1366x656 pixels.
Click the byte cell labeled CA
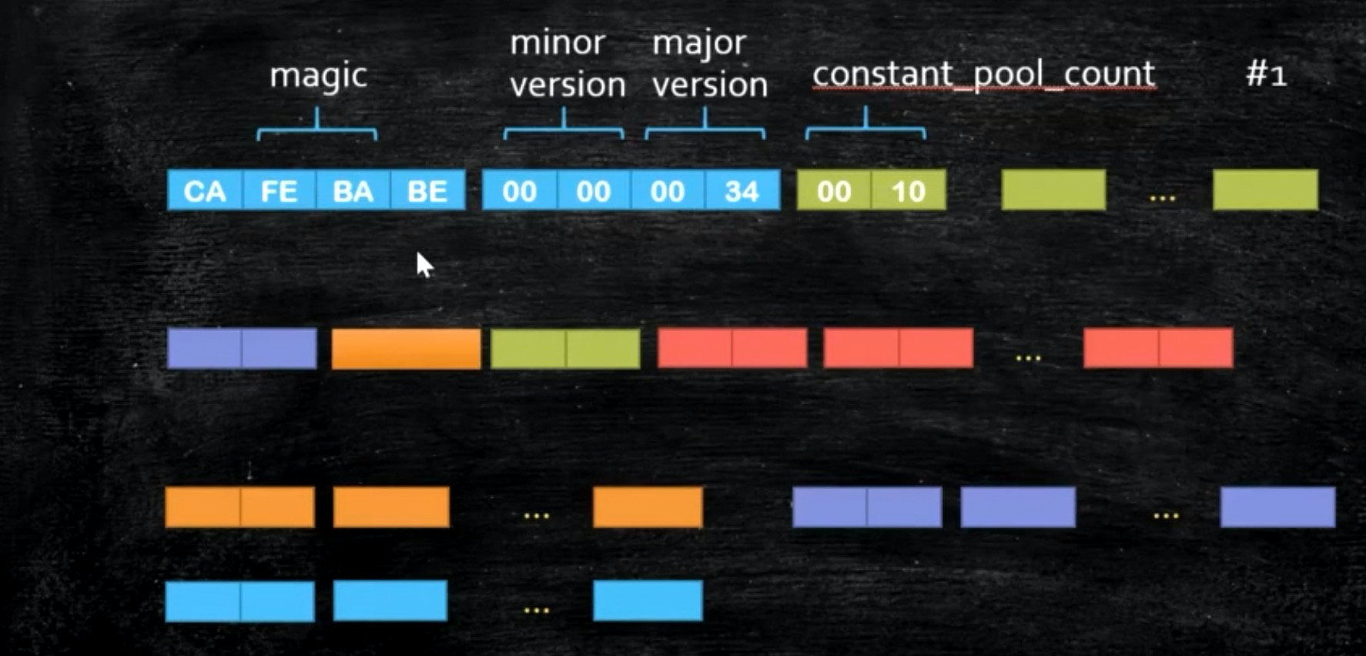point(205,191)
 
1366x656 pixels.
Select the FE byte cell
point(279,191)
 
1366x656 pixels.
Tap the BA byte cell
point(353,191)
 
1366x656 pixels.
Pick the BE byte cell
point(427,191)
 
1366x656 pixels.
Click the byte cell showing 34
point(742,191)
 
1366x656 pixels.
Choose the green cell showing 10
point(908,191)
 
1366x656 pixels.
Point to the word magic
point(318,76)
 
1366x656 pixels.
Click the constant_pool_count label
point(983,75)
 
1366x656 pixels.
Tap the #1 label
point(1266,75)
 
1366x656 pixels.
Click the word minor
point(557,43)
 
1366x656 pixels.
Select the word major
point(699,43)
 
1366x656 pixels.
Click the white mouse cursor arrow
point(424,264)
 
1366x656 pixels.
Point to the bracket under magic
point(316,127)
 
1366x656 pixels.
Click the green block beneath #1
point(1265,190)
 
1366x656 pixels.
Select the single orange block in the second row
point(406,349)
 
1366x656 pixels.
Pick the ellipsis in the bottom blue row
point(536,611)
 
